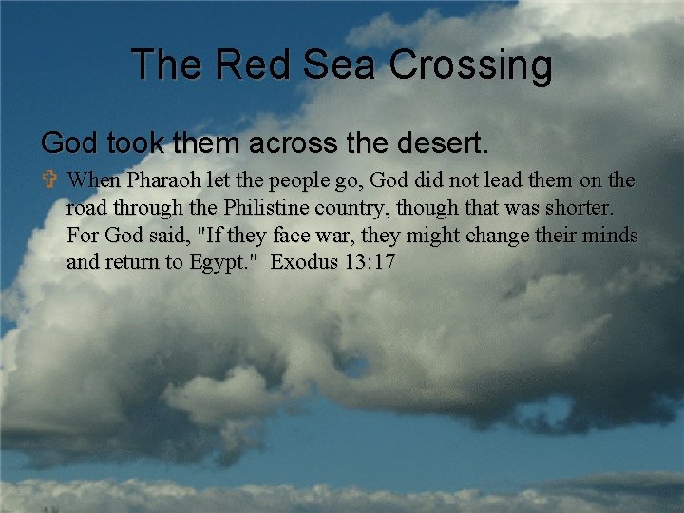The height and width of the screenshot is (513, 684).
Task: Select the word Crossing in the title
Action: [x=470, y=66]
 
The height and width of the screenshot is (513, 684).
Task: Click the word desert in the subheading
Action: [x=444, y=143]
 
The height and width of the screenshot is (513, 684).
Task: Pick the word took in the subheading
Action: [x=132, y=143]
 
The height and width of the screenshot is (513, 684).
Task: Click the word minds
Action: [x=611, y=234]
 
